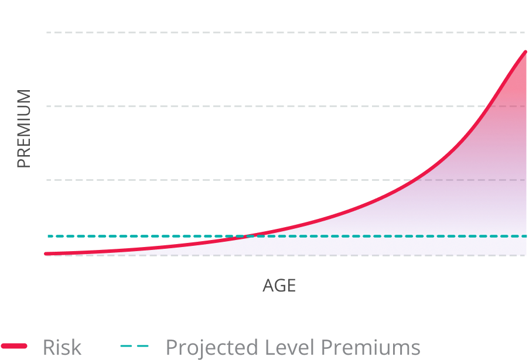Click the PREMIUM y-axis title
[23, 129]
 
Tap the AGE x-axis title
[279, 286]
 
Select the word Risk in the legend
[62, 347]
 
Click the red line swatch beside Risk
[14, 347]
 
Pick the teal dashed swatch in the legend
[134, 347]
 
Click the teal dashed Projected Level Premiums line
[117, 236]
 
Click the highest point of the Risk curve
[525, 52]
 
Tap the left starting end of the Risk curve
[46, 253]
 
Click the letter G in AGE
[279, 286]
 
